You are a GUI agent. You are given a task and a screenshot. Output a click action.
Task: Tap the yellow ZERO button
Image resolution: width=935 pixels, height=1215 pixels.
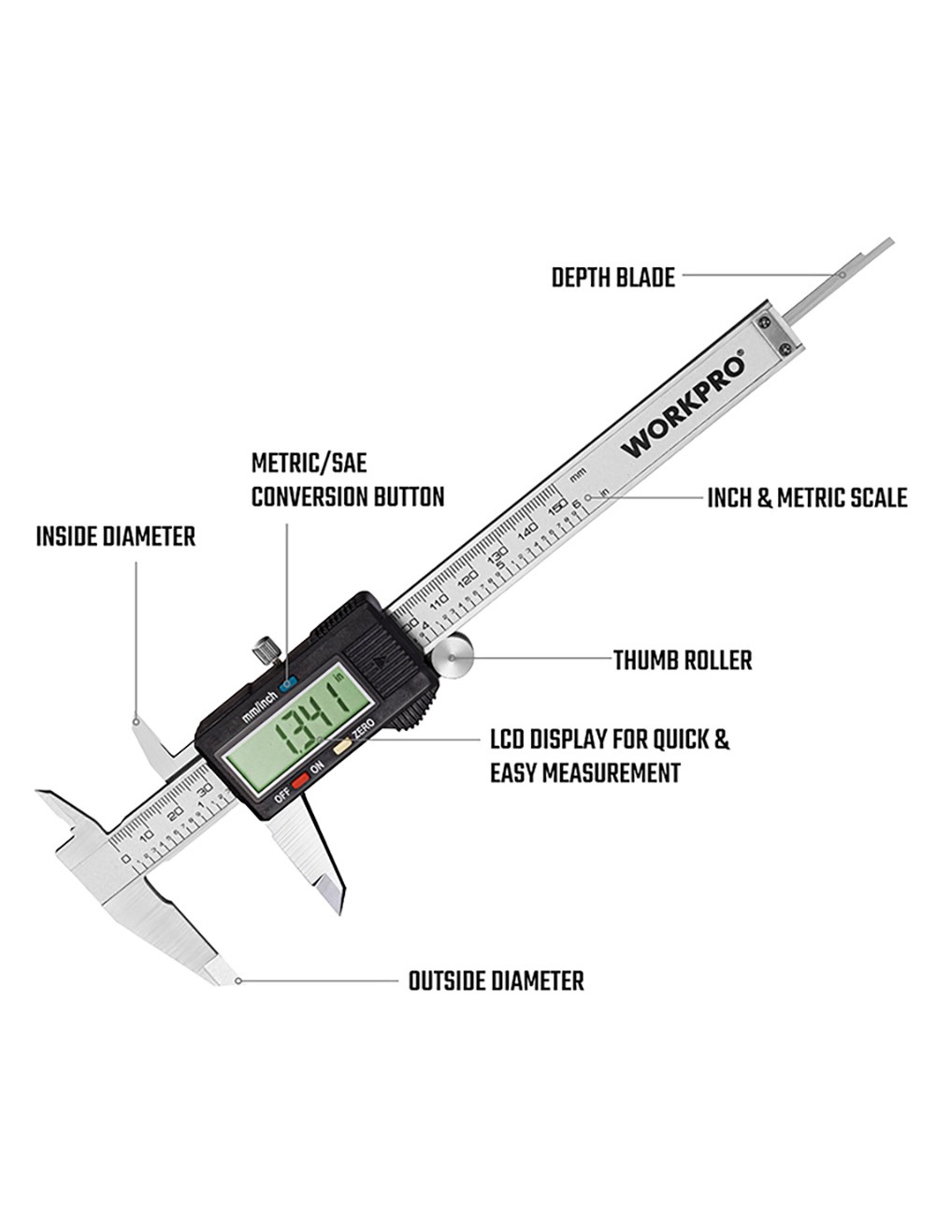click(x=342, y=746)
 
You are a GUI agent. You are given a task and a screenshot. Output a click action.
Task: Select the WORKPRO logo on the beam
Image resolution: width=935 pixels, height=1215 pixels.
click(x=684, y=404)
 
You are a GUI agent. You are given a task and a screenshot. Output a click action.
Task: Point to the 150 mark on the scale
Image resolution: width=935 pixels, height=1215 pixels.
click(x=557, y=507)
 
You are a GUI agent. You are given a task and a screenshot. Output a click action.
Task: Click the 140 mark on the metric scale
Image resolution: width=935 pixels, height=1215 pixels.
click(x=527, y=529)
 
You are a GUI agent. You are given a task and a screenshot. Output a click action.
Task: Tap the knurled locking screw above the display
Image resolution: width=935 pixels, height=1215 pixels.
click(x=266, y=649)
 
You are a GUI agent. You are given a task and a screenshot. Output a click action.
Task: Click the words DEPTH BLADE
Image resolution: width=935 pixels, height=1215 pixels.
click(x=612, y=279)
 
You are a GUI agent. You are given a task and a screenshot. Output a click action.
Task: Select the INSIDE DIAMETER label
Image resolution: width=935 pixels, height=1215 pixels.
click(x=116, y=537)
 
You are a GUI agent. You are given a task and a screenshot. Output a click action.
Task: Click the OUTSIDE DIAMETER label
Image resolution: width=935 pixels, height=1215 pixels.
click(x=496, y=981)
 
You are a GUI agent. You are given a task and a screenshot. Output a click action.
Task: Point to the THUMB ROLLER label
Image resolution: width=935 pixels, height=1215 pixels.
click(x=683, y=661)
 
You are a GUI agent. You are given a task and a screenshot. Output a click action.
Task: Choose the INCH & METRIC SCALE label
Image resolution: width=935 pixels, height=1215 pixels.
click(x=806, y=498)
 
